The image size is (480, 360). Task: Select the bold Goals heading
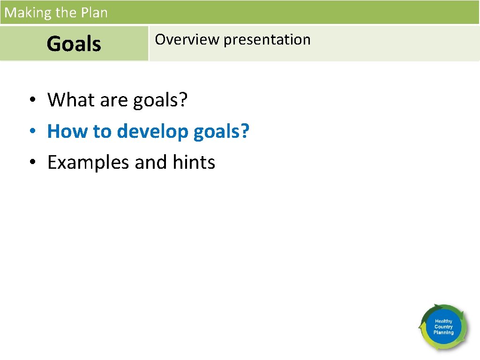74,44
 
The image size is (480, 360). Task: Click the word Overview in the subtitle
187,39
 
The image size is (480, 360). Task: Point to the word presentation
267,40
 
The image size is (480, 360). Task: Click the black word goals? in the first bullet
160,100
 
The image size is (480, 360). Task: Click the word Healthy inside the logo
443,322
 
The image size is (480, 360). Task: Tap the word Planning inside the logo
443,333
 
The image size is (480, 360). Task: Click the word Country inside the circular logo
443,327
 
